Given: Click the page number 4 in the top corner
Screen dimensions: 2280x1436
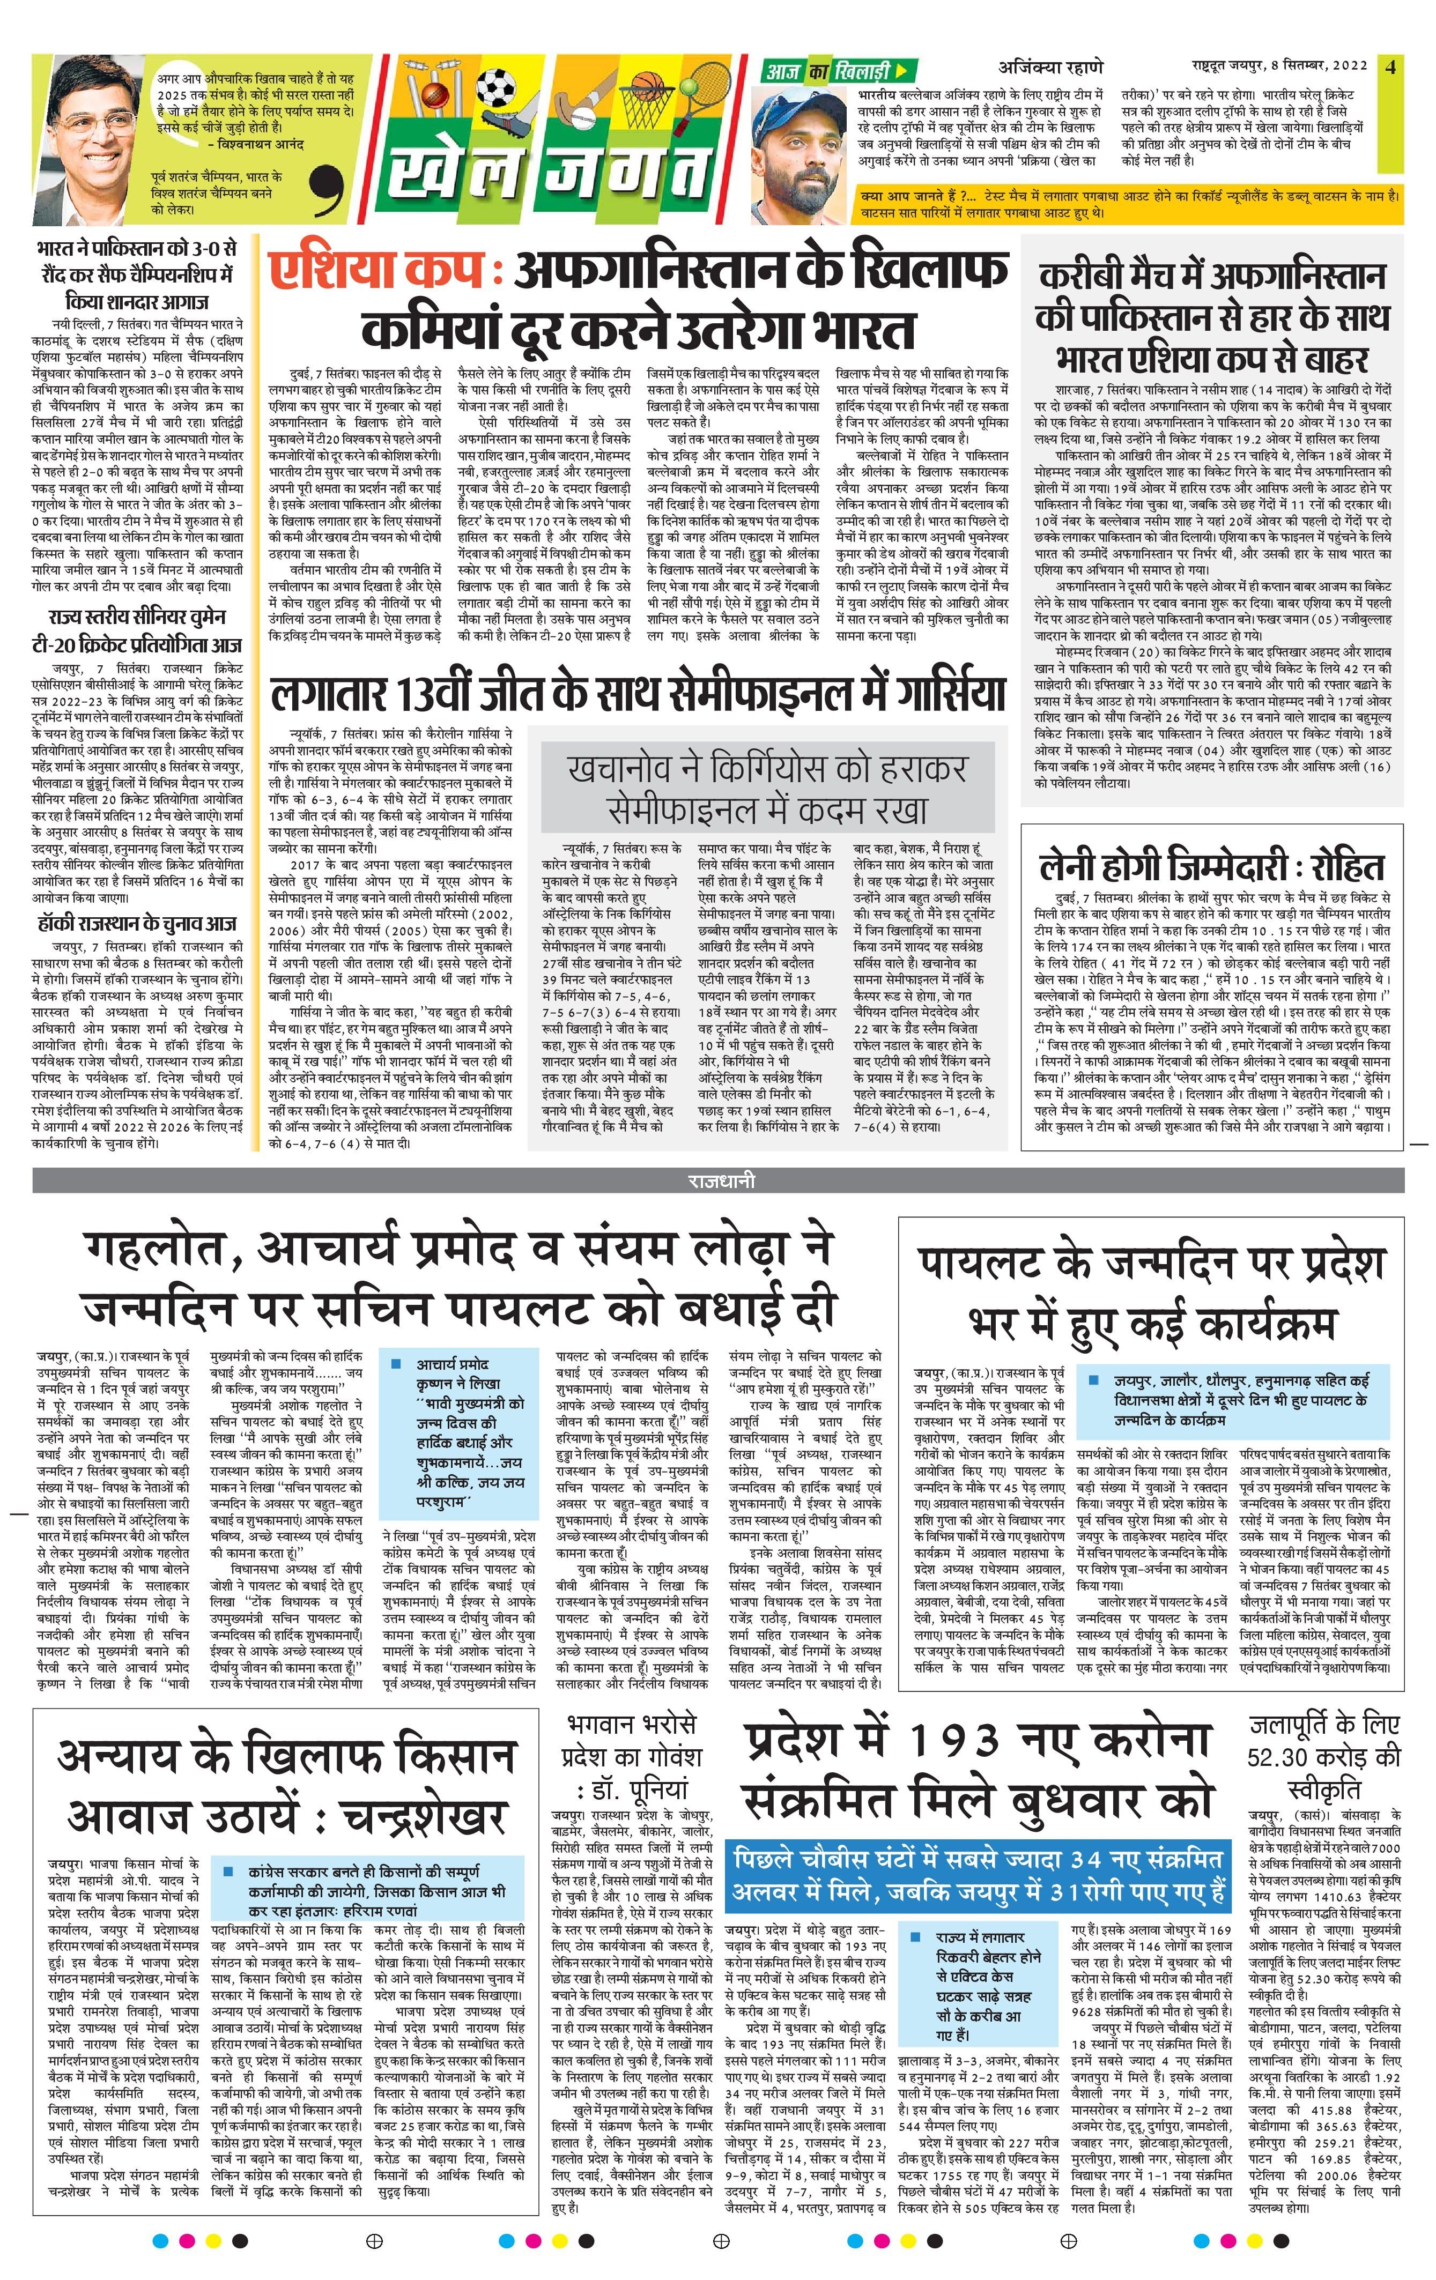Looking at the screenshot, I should (1389, 66).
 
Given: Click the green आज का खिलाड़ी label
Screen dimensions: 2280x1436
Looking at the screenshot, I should (834, 71).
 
